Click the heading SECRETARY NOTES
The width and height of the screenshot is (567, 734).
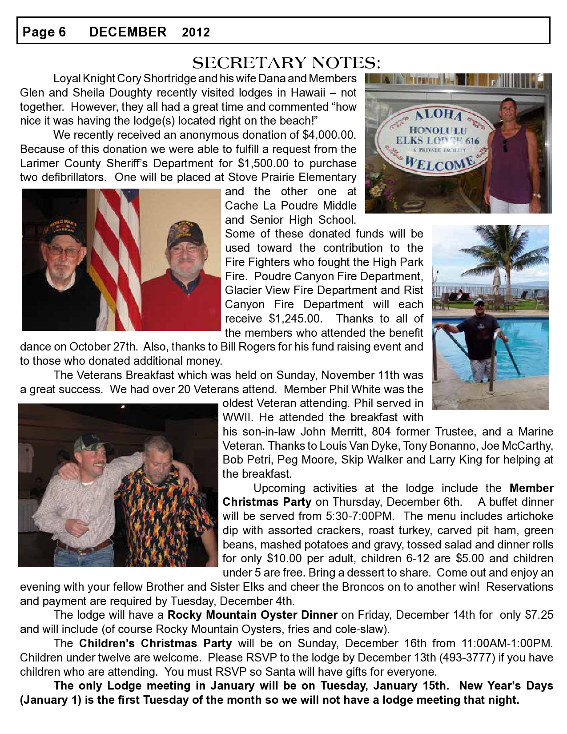(x=286, y=63)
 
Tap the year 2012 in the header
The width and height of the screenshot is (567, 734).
(x=196, y=32)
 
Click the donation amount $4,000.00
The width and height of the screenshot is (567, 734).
(x=329, y=135)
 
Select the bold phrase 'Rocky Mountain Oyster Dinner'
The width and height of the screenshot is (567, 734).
(x=252, y=615)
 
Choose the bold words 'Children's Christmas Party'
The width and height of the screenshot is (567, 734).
(x=156, y=643)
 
